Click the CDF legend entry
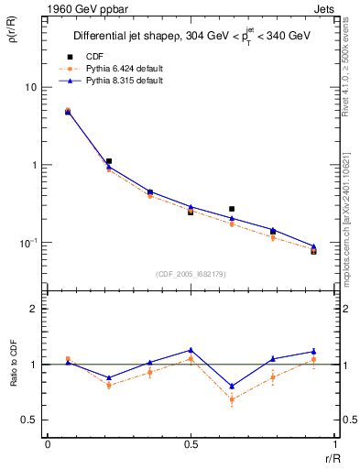click(94, 57)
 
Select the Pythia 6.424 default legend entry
click(119, 69)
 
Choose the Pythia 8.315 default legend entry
click(119, 81)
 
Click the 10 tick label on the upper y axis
click(30, 87)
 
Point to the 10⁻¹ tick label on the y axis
click(28, 243)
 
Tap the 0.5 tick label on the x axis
click(191, 444)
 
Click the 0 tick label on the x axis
click(48, 444)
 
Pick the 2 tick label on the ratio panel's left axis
click(34, 309)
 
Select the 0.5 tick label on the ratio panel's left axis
click(29, 420)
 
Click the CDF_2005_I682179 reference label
click(191, 272)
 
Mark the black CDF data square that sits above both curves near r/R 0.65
click(232, 209)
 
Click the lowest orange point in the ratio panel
click(232, 399)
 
